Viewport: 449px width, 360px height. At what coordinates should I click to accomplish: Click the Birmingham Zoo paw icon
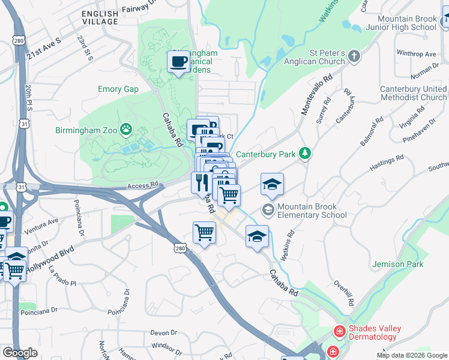[x=126, y=128]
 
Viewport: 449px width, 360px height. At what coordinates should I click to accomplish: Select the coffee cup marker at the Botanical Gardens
[x=178, y=61]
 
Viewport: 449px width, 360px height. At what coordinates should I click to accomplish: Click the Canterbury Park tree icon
[x=306, y=154]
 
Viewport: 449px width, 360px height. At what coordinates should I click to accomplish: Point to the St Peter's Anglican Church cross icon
[x=354, y=56]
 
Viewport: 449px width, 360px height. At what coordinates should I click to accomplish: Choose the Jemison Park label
[x=397, y=264]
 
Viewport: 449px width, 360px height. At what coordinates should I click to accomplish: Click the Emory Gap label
[x=118, y=89]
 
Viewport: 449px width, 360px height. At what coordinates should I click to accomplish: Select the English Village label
[x=100, y=17]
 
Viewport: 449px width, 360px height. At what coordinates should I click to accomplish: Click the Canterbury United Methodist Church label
[x=414, y=93]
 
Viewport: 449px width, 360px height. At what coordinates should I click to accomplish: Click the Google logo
[x=20, y=353]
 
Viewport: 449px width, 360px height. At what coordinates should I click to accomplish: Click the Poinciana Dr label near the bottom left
[x=38, y=311]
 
